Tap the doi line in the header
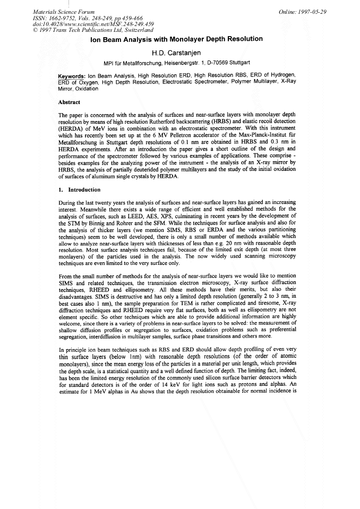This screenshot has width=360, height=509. point(80,23)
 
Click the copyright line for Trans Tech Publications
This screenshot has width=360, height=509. point(93,30)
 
